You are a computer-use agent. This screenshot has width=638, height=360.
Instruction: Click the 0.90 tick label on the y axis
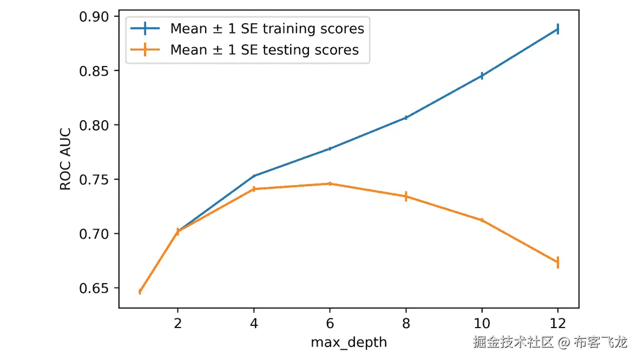(98, 17)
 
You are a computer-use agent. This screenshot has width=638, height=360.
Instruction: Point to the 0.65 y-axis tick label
(98, 288)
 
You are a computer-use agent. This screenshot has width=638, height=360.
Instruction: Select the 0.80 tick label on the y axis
(98, 125)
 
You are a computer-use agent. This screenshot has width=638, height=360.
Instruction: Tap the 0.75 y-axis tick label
(98, 180)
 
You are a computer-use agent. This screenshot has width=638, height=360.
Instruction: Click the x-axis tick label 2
(177, 324)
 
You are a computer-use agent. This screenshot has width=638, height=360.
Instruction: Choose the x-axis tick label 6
(330, 324)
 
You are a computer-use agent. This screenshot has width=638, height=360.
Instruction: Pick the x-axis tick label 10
(482, 324)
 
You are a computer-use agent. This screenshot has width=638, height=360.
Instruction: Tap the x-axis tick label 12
(557, 324)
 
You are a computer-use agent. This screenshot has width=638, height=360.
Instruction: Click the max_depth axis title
(349, 342)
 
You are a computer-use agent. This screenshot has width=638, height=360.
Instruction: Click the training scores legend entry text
(267, 28)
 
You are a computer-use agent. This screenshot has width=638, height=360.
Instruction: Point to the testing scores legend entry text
(265, 50)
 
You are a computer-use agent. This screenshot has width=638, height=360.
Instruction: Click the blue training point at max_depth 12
(557, 29)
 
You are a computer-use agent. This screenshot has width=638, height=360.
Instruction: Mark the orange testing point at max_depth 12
(557, 262)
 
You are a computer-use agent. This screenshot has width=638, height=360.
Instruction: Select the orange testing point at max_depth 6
(330, 184)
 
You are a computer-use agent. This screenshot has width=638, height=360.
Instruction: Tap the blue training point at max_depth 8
(405, 117)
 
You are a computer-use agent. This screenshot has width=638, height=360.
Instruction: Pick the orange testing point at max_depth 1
(140, 291)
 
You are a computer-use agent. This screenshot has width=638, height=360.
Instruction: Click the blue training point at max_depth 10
(482, 76)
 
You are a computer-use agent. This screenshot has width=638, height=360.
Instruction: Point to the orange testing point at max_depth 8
(405, 197)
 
